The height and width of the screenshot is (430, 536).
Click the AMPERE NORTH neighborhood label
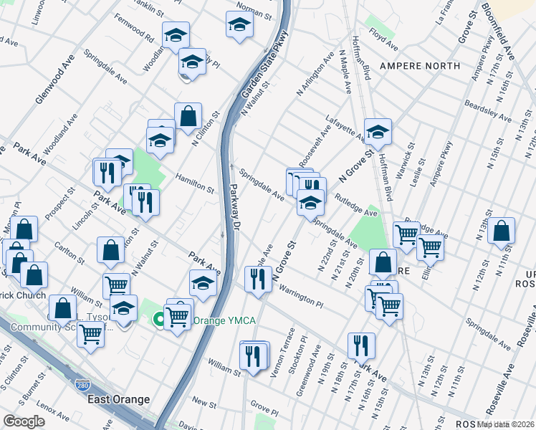[x=419, y=66]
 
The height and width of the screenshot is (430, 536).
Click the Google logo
[x=24, y=421]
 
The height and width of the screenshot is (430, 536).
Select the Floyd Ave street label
[x=383, y=39]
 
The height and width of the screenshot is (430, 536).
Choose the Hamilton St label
[x=196, y=180]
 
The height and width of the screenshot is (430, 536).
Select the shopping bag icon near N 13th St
[x=502, y=231]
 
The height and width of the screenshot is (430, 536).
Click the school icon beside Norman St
[x=240, y=27]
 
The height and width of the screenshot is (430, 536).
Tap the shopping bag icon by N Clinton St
[x=188, y=117]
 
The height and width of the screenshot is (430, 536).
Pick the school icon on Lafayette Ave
[x=378, y=133]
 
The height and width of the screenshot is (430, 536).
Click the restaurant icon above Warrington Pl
[x=258, y=279]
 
